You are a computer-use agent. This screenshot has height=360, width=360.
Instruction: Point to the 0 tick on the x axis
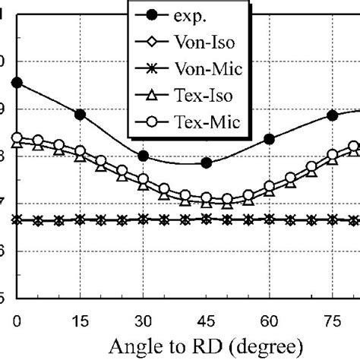tap(17, 317)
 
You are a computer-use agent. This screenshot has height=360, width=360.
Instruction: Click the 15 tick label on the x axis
tap(80, 317)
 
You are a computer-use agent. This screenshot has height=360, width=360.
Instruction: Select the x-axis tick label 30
tap(143, 317)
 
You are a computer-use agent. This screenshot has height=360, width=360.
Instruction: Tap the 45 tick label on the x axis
tap(206, 317)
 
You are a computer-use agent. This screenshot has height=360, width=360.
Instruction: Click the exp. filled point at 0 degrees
tap(17, 83)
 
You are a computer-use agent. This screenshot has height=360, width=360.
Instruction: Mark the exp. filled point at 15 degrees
tap(80, 115)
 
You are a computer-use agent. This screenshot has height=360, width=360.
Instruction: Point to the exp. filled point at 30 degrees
tap(143, 156)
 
